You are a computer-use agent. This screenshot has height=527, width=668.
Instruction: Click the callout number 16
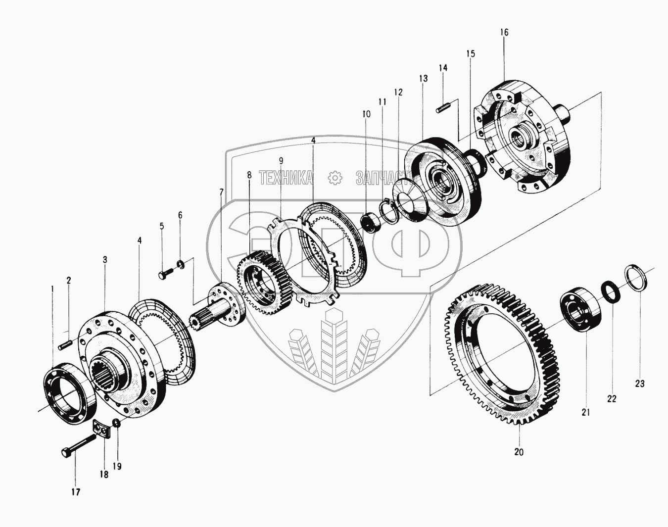coord(504,32)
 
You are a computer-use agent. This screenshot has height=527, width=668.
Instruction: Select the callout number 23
coord(639,383)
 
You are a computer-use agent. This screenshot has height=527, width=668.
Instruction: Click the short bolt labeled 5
coord(168,274)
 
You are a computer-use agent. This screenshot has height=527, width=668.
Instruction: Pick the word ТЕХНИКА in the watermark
coord(286,178)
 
